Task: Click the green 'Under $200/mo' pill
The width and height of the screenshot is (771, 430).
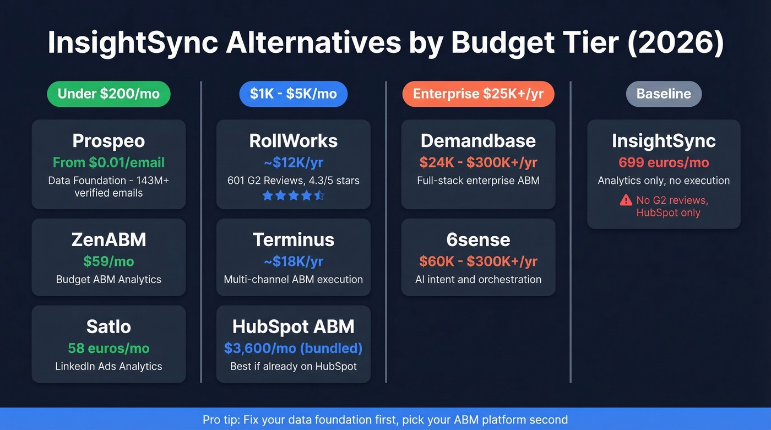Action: [x=108, y=94]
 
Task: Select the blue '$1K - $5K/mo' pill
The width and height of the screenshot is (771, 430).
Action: [x=293, y=94]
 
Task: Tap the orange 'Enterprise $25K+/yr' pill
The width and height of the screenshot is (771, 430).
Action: [x=478, y=94]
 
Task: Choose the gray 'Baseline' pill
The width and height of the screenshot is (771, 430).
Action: [x=664, y=94]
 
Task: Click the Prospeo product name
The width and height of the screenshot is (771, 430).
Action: [x=108, y=141]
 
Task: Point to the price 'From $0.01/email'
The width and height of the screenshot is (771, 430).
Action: [x=108, y=162]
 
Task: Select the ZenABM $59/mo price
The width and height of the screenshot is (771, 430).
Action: [x=108, y=261]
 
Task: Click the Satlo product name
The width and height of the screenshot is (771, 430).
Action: [x=108, y=326]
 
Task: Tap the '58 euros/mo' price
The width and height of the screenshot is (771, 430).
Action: [x=108, y=348]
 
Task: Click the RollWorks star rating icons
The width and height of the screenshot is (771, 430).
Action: [x=293, y=195]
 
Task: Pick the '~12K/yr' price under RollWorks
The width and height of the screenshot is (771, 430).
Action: [x=293, y=162]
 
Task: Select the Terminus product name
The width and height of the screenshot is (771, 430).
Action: [x=293, y=240]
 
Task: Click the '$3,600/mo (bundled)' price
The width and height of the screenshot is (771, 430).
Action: [x=293, y=348]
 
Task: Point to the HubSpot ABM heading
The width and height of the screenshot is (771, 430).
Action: [x=293, y=326]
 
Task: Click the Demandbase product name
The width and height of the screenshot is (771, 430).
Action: [x=478, y=141]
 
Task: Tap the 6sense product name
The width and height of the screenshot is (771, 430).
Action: [x=478, y=240]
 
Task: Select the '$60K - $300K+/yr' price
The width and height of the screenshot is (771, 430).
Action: [x=478, y=261]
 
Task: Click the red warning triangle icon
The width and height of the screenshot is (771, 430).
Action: [x=626, y=200]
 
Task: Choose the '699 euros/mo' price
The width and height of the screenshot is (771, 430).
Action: [x=664, y=162]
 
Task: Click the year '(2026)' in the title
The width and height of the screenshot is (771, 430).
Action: [x=675, y=43]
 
